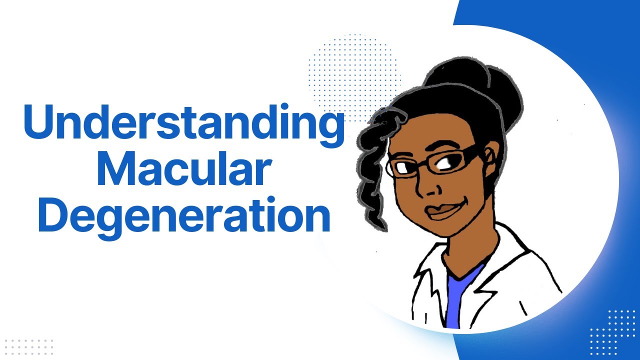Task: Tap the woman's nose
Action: pyautogui.click(x=429, y=187)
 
